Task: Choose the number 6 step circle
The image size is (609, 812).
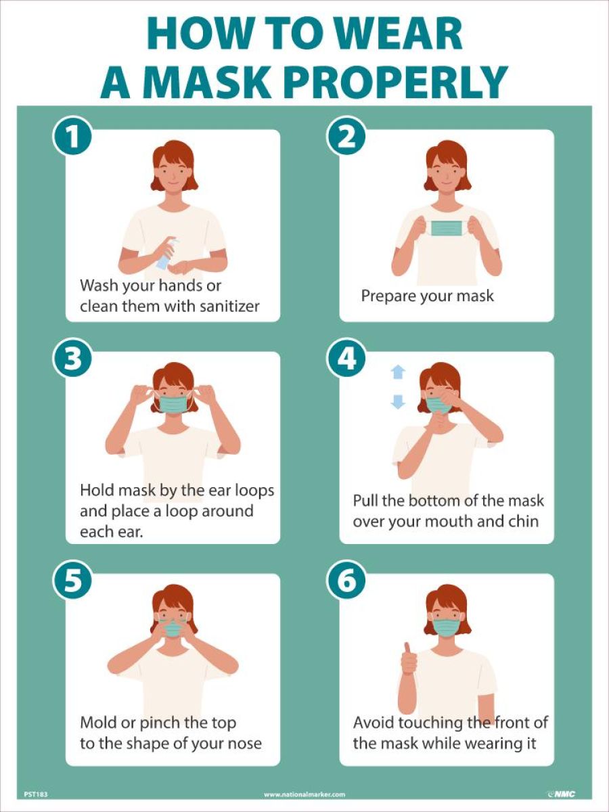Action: pos(346,582)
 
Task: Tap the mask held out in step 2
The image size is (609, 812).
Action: pos(447,228)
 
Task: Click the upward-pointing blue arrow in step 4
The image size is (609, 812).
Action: pos(398,371)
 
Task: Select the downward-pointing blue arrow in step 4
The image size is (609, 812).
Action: pos(398,401)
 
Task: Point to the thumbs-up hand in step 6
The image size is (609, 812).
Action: pos(409,659)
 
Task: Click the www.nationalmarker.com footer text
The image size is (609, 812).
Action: pos(304,794)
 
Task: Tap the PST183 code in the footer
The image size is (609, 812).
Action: pos(35,794)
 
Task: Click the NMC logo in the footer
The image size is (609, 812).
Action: pos(560,794)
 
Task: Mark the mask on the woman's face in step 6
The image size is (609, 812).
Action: pos(446,627)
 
